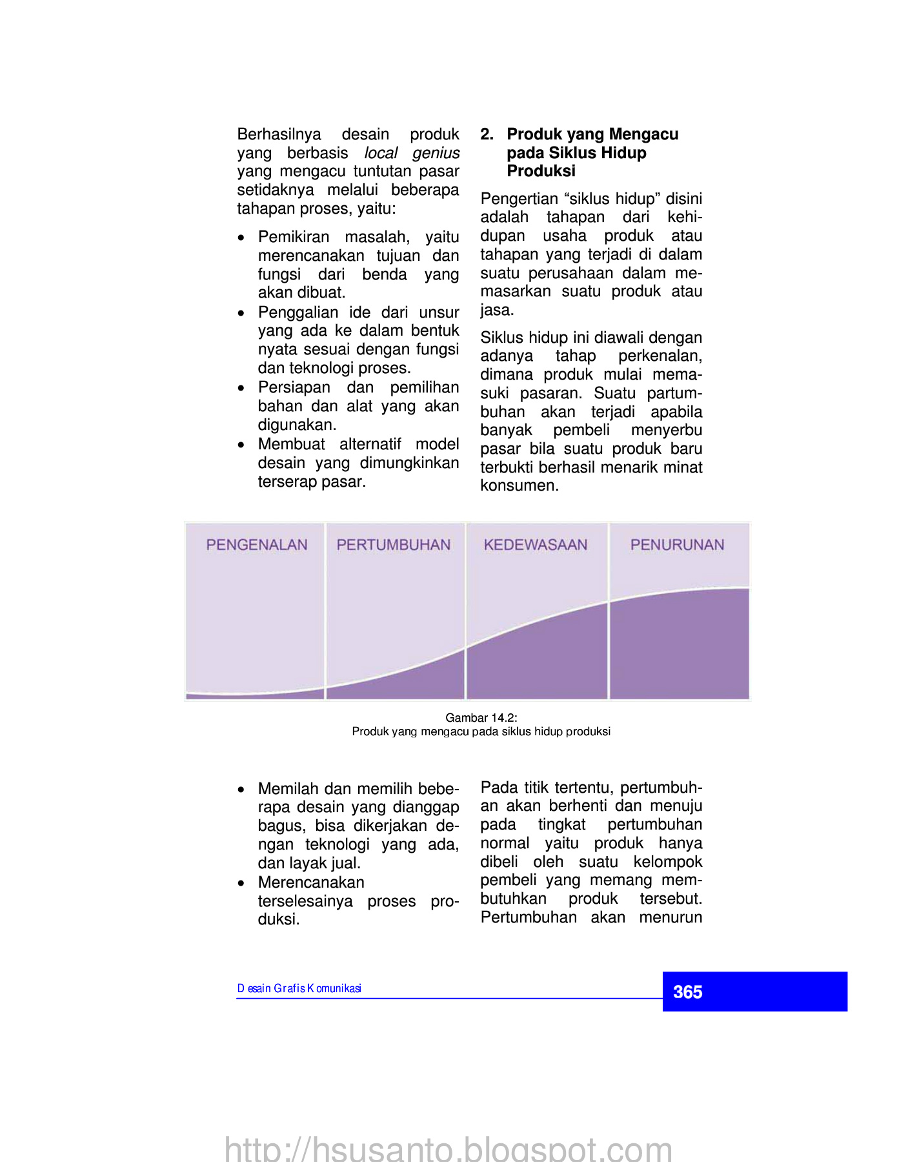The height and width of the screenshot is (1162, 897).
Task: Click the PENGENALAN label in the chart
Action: point(257,545)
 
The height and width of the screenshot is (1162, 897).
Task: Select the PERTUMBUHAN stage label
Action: point(394,545)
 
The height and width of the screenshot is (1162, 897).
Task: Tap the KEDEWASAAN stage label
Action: point(536,545)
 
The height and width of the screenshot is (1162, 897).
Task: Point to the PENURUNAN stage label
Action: point(677,545)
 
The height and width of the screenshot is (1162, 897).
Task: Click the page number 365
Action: point(687,992)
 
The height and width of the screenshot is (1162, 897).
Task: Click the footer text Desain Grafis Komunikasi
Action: point(299,988)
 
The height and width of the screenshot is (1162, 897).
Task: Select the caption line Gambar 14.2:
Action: point(481,718)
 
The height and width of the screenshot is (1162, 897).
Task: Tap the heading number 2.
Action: point(487,134)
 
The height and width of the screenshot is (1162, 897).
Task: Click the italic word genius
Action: point(436,153)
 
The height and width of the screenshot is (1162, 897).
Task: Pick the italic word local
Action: point(381,153)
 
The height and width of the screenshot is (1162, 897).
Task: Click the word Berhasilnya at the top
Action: point(279,134)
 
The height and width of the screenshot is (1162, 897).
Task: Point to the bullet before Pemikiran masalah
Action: point(241,238)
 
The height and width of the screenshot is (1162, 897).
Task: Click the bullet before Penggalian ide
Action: point(241,314)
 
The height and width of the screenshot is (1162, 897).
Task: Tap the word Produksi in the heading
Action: point(541,171)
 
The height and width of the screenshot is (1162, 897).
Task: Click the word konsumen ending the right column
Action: point(519,485)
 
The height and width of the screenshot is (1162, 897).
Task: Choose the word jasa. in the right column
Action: point(497,311)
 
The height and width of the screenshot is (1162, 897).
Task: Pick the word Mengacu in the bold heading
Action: point(643,134)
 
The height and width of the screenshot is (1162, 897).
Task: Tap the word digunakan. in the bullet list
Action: point(297,425)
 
